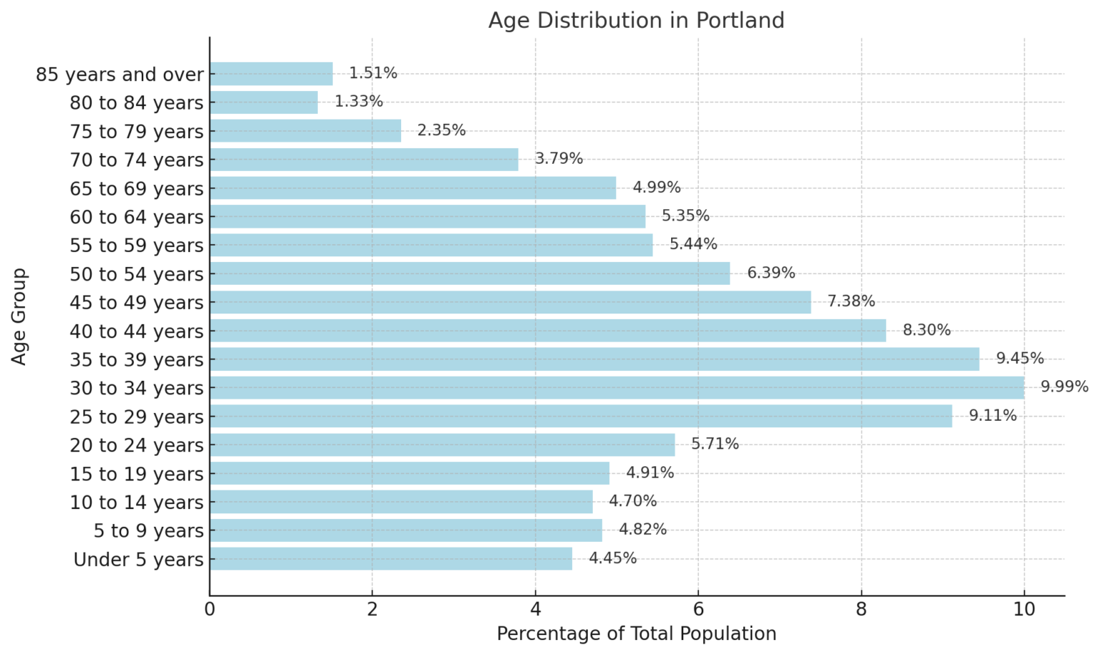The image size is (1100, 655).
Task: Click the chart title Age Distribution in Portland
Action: coord(636,20)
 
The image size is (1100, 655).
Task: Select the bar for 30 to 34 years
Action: coord(617,388)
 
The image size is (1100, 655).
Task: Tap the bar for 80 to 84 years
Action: coord(264,102)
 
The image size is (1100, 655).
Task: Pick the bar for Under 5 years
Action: coord(391,559)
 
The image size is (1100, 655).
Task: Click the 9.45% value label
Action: coord(1020,359)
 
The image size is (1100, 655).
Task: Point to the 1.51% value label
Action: coord(373,73)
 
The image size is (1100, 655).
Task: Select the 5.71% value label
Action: coord(715,444)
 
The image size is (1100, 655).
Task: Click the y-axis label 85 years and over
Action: coord(120,74)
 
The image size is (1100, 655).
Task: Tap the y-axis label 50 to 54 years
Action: coord(137,274)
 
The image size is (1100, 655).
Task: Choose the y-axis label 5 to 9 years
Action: coord(148,531)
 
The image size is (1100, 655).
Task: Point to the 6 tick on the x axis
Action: coord(698,609)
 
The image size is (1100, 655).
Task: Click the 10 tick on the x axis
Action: coord(1024,609)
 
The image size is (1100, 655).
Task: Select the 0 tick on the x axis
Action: coord(209,609)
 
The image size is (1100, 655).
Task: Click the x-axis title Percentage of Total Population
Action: coord(636,634)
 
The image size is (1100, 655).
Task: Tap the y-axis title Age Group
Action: coord(19,316)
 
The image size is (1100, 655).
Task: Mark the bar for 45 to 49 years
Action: coord(510,302)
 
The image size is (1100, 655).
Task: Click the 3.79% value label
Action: coord(559,158)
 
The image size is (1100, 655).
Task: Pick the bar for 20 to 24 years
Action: coord(442,445)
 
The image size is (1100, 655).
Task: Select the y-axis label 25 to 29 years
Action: coord(137,417)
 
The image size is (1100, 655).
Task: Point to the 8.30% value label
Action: coord(926,330)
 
